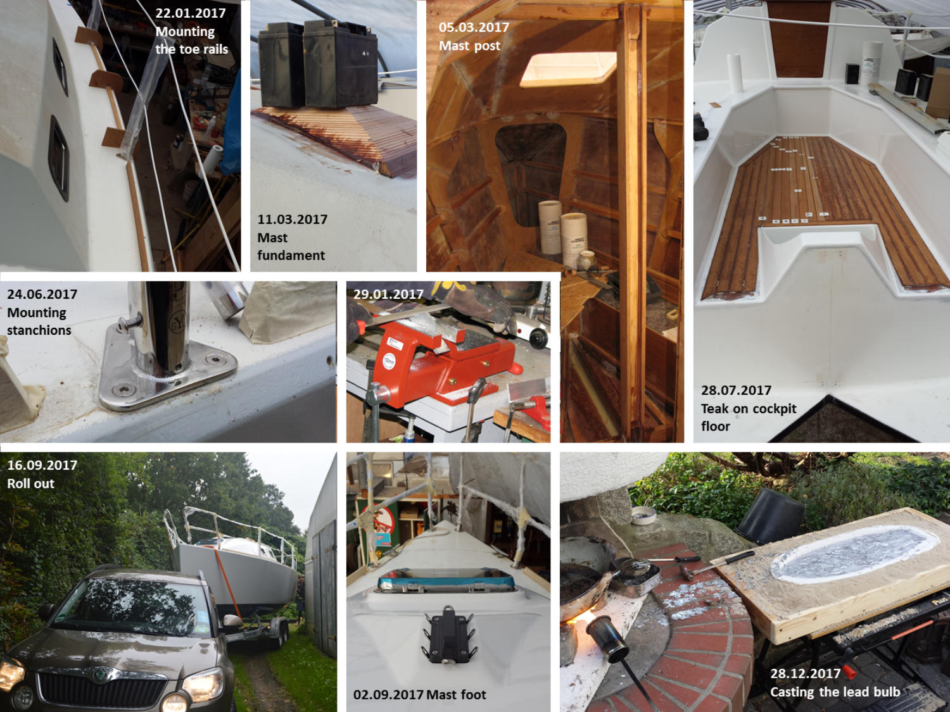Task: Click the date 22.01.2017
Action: (x=191, y=13)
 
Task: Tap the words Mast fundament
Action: (x=291, y=246)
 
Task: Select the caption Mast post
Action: (x=469, y=46)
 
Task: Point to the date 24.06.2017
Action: (x=42, y=294)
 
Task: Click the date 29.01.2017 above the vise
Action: (x=388, y=294)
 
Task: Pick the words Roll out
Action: (x=31, y=484)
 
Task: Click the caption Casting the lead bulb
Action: (x=835, y=692)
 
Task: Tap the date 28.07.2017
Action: (x=736, y=390)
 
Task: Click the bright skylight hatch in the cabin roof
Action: (x=568, y=68)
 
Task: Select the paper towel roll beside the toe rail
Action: (x=211, y=161)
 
